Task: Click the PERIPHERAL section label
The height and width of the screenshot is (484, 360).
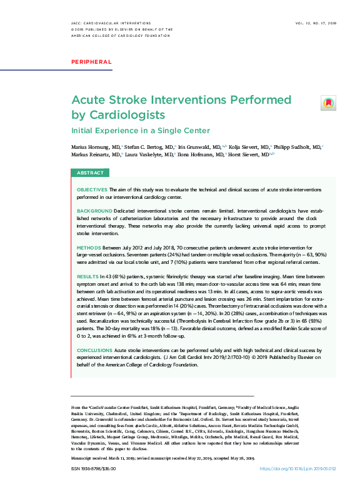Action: pos(91,62)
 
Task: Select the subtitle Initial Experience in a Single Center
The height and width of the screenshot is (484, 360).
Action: pos(140,131)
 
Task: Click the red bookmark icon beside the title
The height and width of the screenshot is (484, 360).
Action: pos(328,103)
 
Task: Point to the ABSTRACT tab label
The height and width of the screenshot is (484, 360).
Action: pos(90,173)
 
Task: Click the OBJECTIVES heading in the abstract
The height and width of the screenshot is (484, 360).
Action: pos(92,189)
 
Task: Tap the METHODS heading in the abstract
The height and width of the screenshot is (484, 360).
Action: pos(89,248)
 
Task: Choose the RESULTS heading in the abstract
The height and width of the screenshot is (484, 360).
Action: pos(87,276)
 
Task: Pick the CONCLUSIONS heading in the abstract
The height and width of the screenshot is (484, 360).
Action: pos(95,351)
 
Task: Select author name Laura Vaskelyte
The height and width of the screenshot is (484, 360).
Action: pos(146,154)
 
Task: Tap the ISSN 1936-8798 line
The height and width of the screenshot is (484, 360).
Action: pos(92,468)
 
